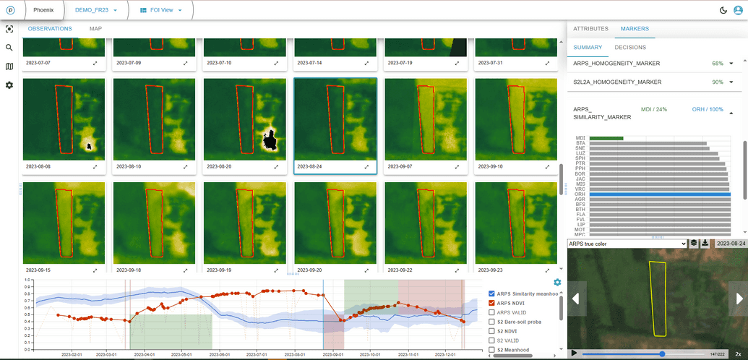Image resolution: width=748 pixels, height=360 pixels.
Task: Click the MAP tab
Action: [95, 29]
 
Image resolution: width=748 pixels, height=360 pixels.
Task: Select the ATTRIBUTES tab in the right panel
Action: [590, 29]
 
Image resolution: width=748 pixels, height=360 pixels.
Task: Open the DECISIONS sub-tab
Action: [630, 48]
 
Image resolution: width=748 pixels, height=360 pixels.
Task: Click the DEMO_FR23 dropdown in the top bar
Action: [95, 10]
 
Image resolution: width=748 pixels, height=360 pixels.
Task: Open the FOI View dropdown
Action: [160, 10]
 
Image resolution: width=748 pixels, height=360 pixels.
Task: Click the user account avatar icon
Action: [738, 10]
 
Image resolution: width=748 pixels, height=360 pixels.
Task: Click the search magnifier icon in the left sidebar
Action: [9, 48]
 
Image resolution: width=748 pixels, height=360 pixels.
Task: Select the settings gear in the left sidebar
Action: [9, 85]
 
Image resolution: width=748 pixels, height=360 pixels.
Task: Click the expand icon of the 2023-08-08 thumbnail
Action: [95, 166]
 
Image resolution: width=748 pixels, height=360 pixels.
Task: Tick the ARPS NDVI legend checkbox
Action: [492, 303]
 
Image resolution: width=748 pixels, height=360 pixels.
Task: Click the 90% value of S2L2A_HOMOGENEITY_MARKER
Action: [718, 82]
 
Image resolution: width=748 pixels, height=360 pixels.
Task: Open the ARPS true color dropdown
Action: [627, 244]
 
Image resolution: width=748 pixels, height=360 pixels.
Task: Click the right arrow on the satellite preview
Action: [738, 298]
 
